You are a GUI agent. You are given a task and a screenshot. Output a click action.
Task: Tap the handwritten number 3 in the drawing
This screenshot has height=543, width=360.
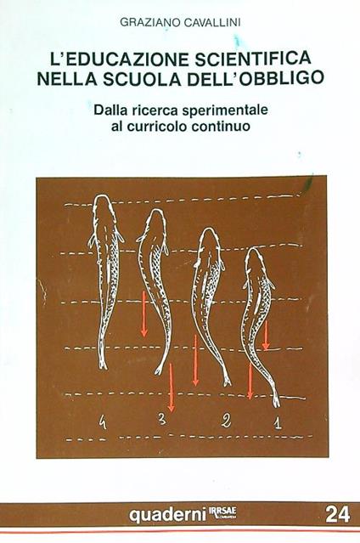pyautogui.click(x=161, y=418)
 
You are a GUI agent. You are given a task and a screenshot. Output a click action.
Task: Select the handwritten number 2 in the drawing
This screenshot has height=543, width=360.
pyautogui.click(x=226, y=418)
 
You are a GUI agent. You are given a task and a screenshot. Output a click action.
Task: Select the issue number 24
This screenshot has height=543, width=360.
pyautogui.click(x=337, y=512)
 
